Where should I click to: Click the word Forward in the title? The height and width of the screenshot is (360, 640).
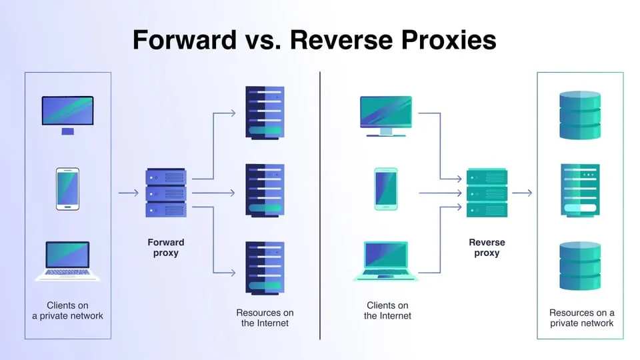pos(185,40)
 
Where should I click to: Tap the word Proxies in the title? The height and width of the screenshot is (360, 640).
pos(449,40)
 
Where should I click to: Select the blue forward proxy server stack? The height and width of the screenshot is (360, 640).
pos(166,193)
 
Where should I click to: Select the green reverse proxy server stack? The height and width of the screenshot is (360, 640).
pos(487,193)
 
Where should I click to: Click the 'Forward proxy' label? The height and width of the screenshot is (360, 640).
pos(166,247)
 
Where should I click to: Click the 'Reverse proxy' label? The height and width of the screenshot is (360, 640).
pos(487,247)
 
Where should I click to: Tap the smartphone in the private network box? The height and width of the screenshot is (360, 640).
pos(68,189)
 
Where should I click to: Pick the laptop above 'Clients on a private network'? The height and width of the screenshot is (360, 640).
pos(67,261)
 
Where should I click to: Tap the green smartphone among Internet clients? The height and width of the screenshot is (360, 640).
pos(386,189)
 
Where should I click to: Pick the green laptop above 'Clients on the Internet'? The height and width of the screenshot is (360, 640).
pos(386,261)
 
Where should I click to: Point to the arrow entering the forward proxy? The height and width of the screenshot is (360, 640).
pos(129,193)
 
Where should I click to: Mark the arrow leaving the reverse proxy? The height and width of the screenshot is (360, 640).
pos(522,193)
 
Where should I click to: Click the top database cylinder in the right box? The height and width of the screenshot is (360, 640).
pos(580,115)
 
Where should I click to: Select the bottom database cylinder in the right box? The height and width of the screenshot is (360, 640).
pos(580,266)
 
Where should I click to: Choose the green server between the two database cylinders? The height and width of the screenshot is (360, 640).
pos(580,190)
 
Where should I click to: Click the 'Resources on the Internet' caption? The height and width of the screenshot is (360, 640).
pos(265,318)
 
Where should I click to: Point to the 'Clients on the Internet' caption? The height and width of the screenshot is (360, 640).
pos(387,311)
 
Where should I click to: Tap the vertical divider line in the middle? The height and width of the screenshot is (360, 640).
pos(320,205)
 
